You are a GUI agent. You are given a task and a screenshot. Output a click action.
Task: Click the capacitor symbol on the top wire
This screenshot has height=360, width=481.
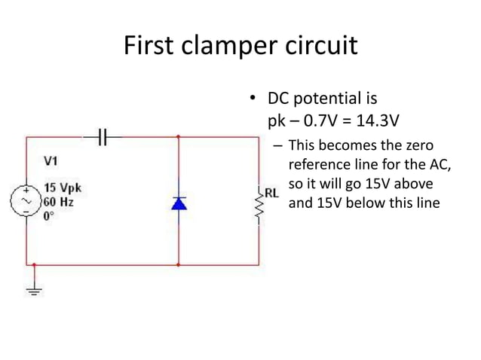[x=105, y=136]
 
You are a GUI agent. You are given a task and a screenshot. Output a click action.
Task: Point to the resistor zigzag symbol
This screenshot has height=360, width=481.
[x=259, y=206]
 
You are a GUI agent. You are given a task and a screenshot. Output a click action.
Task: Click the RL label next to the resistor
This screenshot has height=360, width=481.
[x=271, y=192]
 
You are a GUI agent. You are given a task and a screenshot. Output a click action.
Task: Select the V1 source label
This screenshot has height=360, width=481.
[x=51, y=160]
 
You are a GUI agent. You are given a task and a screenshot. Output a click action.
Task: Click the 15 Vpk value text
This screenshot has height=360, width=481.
[x=63, y=188]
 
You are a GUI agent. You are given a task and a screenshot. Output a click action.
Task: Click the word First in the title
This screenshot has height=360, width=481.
[x=149, y=47]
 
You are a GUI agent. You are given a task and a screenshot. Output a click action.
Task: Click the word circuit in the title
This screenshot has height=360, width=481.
[x=322, y=47]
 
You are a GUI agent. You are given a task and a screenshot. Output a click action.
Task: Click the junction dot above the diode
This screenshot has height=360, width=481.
[x=179, y=137]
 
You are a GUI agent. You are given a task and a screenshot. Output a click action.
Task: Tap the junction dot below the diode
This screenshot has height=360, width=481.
[x=179, y=265]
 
